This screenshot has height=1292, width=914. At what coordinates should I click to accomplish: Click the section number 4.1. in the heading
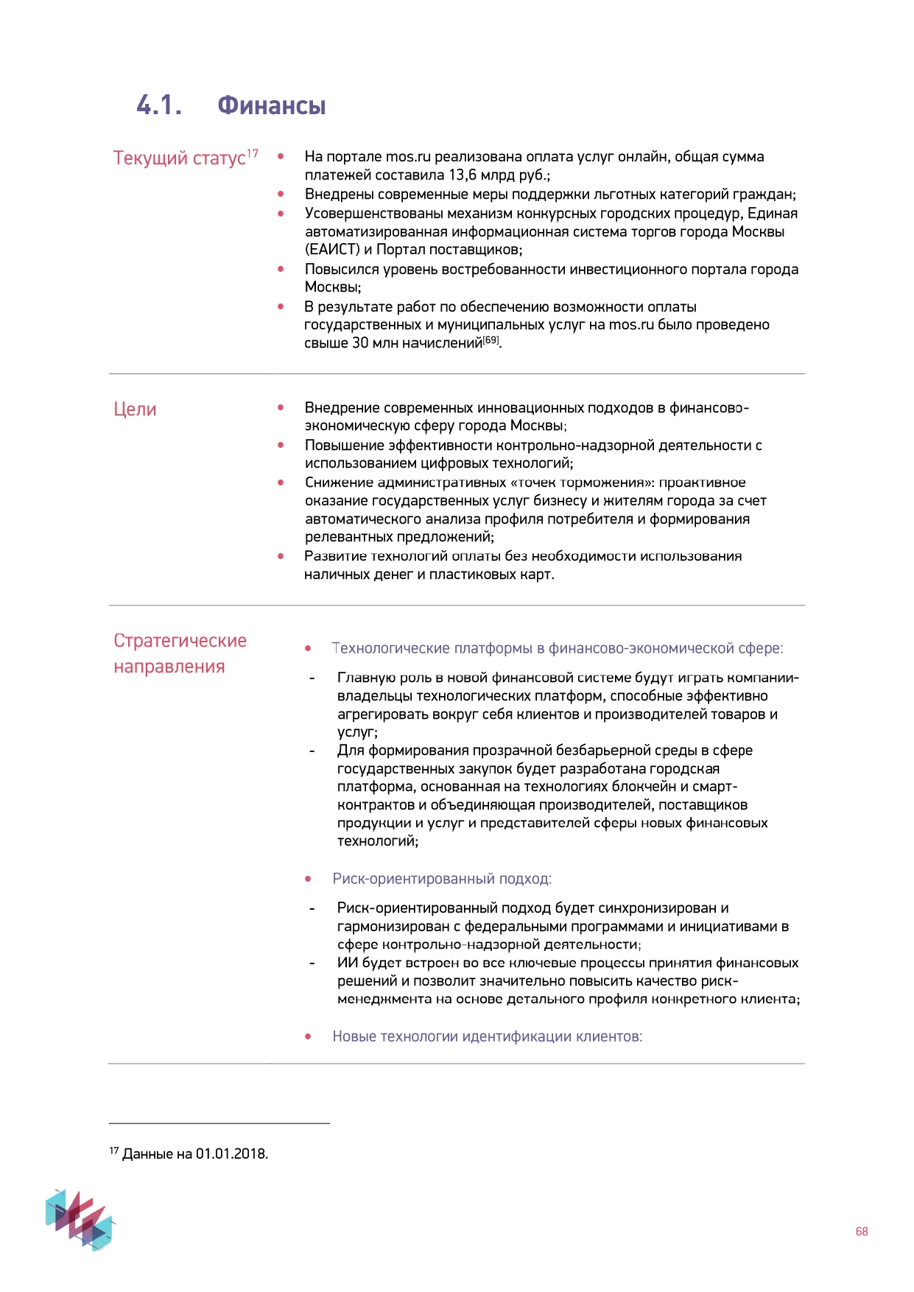tap(159, 105)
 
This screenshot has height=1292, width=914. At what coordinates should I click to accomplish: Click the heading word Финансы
tap(271, 105)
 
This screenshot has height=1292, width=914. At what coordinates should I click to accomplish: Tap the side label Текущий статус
tap(179, 158)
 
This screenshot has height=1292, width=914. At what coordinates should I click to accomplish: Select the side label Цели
tap(135, 410)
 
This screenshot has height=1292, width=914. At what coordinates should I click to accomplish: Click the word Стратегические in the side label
tap(180, 641)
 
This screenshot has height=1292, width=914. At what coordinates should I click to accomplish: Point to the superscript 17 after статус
tap(253, 153)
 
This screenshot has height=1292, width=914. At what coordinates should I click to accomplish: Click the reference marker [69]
tap(491, 340)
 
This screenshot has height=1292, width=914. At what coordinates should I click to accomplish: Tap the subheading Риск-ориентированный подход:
tap(442, 879)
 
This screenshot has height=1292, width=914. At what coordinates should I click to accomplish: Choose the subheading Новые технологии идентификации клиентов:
tap(487, 1036)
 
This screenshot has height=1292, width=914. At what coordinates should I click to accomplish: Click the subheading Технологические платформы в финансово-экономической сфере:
tap(557, 648)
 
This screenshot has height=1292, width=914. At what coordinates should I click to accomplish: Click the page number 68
tap(861, 1232)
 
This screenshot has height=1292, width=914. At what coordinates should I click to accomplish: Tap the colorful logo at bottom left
tap(80, 1219)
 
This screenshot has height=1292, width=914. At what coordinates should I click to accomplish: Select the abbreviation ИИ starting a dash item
tap(348, 963)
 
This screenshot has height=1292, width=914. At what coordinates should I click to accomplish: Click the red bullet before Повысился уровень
tap(281, 269)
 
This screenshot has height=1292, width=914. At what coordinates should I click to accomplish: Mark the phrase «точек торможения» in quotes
tap(582, 482)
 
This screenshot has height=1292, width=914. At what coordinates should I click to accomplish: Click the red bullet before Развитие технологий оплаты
tap(281, 556)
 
